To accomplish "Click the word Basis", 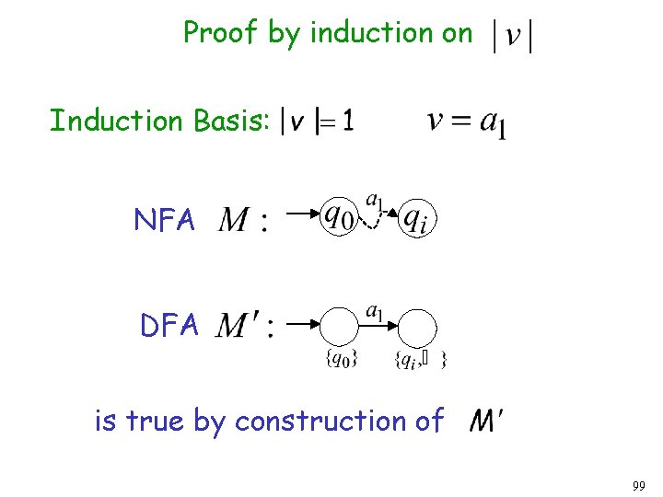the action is (x=231, y=121).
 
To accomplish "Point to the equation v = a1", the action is (x=467, y=121).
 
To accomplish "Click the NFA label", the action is (x=165, y=220).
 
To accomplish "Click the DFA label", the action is (x=169, y=325).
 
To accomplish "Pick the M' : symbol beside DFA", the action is (x=244, y=326).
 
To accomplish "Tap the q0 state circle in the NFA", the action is (x=337, y=217).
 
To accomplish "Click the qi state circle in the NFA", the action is (x=418, y=218).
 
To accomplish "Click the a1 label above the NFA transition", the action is (x=376, y=199).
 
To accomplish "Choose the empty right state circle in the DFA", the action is (x=420, y=326).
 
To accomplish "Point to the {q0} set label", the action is (x=342, y=360).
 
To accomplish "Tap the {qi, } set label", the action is (x=420, y=360).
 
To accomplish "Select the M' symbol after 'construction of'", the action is (x=485, y=422).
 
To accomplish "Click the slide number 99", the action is (x=640, y=484).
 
